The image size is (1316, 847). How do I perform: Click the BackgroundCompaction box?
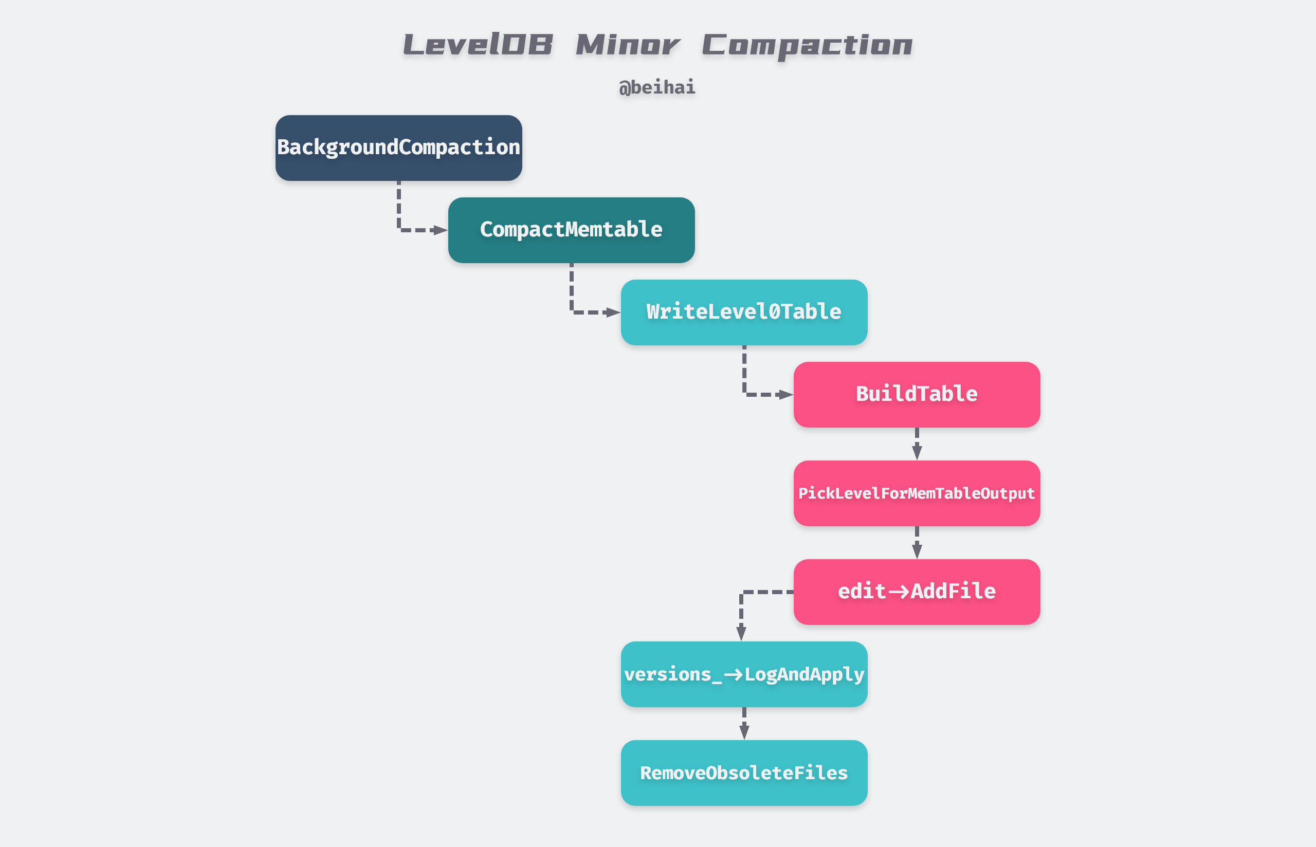(x=399, y=148)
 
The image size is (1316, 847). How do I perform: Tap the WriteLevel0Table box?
(x=743, y=312)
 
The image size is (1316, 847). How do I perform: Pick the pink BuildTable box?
(x=916, y=394)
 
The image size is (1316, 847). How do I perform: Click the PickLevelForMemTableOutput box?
(x=916, y=493)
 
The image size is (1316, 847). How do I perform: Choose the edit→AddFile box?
(x=916, y=592)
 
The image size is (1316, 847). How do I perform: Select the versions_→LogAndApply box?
(x=743, y=674)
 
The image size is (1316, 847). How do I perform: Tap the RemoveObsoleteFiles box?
(x=743, y=773)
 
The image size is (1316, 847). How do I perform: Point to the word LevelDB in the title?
(x=478, y=45)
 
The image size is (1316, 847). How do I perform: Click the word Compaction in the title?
(x=806, y=45)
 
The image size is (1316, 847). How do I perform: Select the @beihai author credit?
(x=656, y=87)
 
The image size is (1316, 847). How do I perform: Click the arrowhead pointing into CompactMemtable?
(x=441, y=230)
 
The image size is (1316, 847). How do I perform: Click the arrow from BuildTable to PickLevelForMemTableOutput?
(x=917, y=445)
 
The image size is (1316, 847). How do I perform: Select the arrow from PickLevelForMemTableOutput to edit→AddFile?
(x=917, y=543)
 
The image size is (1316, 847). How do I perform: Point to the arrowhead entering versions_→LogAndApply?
(x=741, y=633)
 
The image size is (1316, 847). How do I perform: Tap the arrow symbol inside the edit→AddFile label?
(x=899, y=592)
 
